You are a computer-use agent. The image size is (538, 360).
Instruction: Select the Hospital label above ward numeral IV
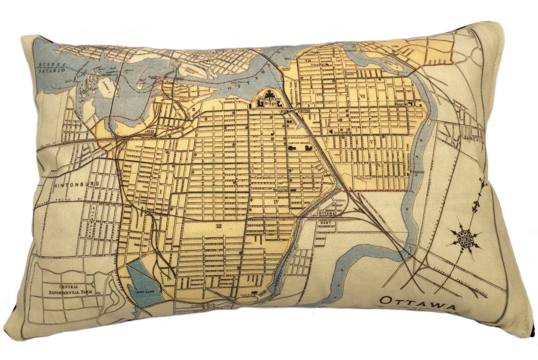(x=281, y=190)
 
